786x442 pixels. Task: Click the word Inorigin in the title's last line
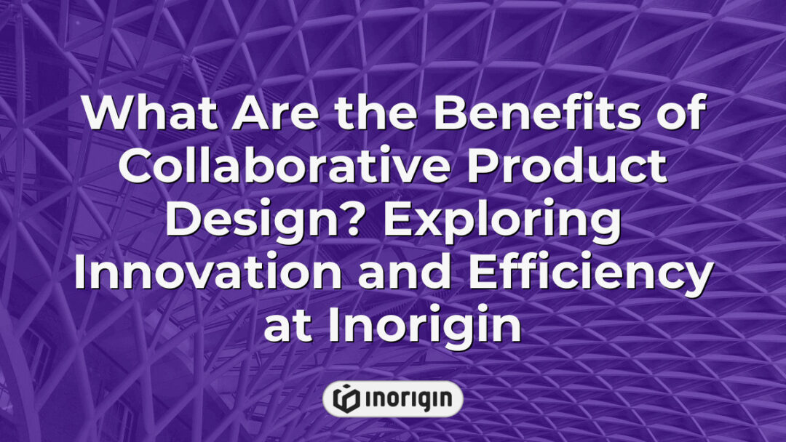(x=425, y=327)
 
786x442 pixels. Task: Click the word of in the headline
(x=676, y=115)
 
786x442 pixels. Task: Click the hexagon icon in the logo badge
(x=346, y=398)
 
